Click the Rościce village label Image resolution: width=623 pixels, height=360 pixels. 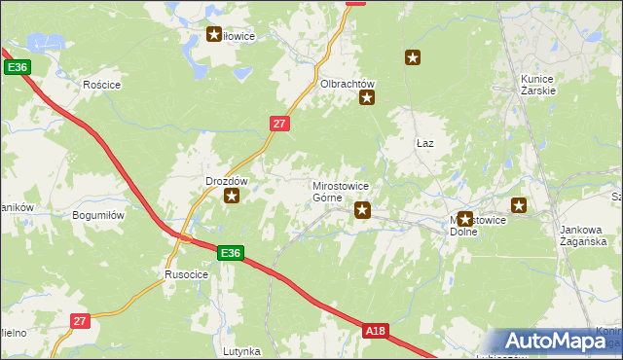point(101,85)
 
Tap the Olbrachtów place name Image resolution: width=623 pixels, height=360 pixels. point(348,84)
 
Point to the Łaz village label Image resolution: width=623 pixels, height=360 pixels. point(424,143)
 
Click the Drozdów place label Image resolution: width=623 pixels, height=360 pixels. point(228,181)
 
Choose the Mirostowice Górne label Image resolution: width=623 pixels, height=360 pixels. point(340,191)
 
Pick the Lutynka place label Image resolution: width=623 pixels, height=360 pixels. point(241,350)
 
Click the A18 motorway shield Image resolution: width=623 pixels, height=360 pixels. point(376,332)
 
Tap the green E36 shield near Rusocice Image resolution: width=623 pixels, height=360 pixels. point(230,253)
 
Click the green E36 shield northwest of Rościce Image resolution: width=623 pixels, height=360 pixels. point(18,67)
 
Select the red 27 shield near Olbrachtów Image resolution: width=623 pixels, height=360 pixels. point(279,123)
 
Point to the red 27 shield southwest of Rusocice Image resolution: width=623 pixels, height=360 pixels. point(80,320)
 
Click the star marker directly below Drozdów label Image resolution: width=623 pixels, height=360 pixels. point(232,197)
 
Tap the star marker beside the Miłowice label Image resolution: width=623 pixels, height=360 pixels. point(214,35)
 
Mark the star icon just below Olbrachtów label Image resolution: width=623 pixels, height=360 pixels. point(368,97)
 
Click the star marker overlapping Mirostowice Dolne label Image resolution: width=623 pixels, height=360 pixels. point(465,219)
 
